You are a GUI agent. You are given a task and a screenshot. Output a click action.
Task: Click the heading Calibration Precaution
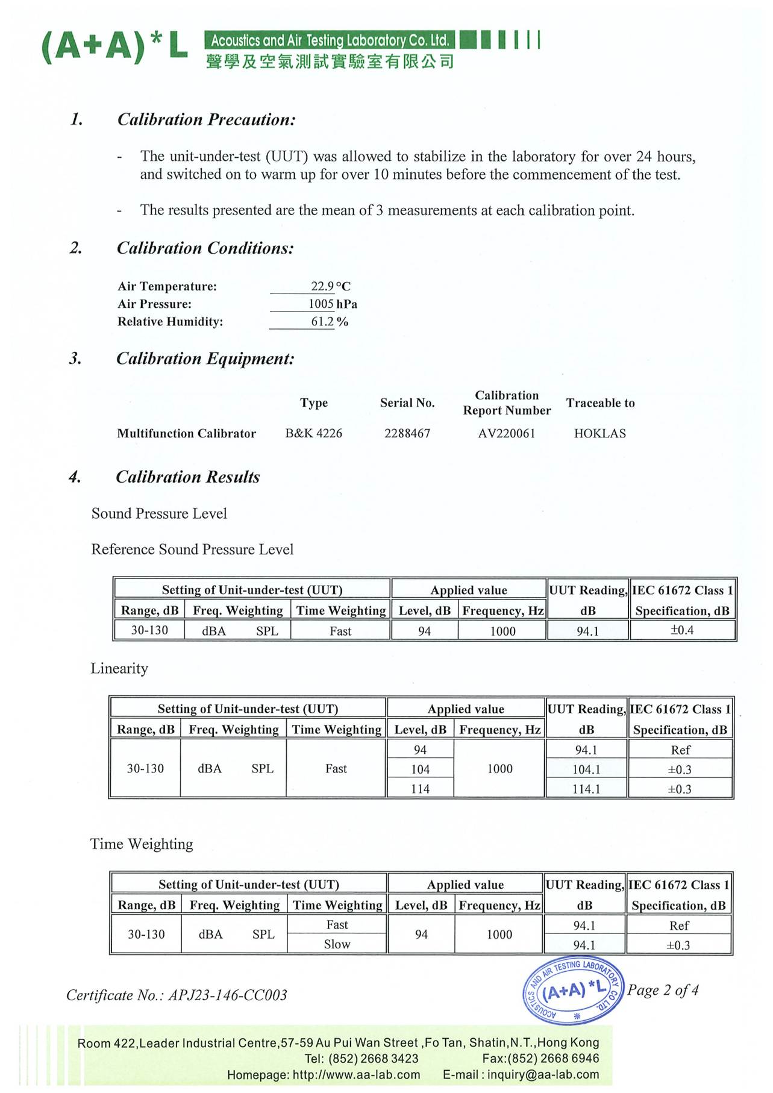click(206, 119)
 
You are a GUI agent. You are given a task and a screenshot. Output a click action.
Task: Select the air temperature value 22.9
click(322, 286)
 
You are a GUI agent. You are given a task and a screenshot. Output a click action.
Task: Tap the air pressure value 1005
click(321, 304)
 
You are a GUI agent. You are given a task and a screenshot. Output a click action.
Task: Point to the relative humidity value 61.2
click(322, 322)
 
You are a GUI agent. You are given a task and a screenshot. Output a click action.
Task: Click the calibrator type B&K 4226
click(313, 433)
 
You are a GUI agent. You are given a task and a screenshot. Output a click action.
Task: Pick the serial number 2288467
click(407, 433)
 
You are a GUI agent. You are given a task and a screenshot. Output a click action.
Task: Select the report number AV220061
click(507, 433)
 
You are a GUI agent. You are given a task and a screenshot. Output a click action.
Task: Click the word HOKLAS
click(599, 433)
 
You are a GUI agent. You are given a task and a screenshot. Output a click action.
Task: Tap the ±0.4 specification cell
click(682, 630)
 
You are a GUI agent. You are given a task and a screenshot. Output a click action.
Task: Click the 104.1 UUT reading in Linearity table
click(586, 769)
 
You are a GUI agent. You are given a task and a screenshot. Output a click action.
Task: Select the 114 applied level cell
click(420, 789)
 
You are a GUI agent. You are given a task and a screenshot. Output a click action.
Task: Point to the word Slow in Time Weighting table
click(337, 944)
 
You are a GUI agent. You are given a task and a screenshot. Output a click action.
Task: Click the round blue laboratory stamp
click(572, 990)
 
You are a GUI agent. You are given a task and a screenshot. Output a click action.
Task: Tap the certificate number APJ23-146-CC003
click(227, 995)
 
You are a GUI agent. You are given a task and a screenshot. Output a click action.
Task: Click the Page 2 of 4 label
click(663, 990)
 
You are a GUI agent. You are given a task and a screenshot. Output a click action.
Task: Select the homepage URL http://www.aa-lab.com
click(356, 1075)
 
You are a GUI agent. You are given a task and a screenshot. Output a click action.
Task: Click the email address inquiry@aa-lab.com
click(543, 1075)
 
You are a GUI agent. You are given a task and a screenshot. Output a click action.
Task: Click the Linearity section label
click(119, 668)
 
